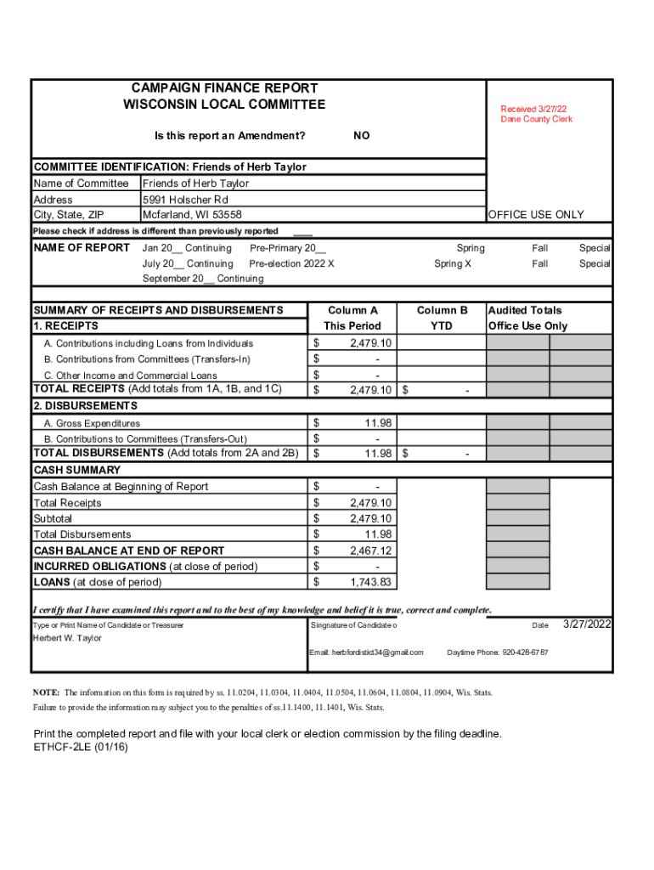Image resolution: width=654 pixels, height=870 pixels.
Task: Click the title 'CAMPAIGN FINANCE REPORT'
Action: click(x=224, y=88)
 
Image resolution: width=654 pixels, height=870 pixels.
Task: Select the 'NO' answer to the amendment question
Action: click(x=361, y=136)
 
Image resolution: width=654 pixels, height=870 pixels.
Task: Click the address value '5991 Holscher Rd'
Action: click(x=185, y=200)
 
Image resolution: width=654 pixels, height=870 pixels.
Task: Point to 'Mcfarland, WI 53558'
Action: click(x=192, y=215)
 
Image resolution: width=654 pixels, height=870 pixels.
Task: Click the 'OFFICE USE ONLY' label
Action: click(x=536, y=215)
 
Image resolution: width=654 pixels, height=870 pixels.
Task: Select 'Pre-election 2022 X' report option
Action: click(x=291, y=263)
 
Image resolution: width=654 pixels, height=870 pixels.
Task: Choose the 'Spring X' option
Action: click(x=454, y=263)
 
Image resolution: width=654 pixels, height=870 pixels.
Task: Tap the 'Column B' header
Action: click(x=442, y=311)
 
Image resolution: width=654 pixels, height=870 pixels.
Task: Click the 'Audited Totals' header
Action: click(x=525, y=311)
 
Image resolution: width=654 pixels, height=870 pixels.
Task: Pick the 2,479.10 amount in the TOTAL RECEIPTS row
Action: click(x=370, y=390)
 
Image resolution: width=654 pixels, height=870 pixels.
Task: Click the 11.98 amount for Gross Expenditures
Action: click(x=378, y=422)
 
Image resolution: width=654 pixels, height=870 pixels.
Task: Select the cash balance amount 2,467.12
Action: click(x=370, y=551)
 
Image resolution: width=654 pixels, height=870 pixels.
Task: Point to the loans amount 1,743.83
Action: click(x=370, y=582)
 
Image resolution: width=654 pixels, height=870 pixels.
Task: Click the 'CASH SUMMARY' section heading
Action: click(x=77, y=470)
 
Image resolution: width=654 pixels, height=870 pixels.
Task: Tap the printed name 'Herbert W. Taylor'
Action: click(x=67, y=638)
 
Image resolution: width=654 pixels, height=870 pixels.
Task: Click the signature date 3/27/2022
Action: click(x=587, y=624)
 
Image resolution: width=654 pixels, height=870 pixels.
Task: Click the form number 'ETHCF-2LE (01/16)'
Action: click(x=81, y=748)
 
